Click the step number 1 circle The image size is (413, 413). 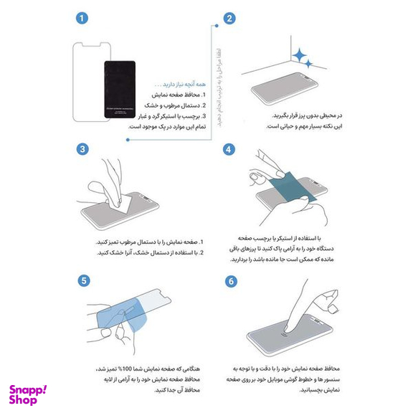84,18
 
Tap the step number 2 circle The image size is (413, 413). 229,18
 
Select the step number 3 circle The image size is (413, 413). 84,149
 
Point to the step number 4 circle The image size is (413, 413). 229,149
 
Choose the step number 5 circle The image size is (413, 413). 84,280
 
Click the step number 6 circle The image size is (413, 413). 229,280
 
